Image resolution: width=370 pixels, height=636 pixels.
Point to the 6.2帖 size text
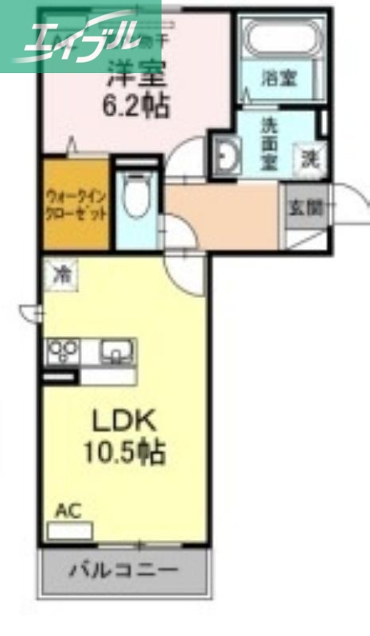click(136, 107)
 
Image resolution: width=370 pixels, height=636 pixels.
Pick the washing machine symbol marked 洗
click(309, 157)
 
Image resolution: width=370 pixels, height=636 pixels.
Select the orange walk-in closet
click(76, 205)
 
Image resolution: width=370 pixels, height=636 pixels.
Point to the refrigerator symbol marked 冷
click(60, 275)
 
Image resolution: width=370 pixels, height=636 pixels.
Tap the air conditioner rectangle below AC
click(69, 530)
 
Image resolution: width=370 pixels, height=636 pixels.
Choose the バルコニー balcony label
click(123, 570)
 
